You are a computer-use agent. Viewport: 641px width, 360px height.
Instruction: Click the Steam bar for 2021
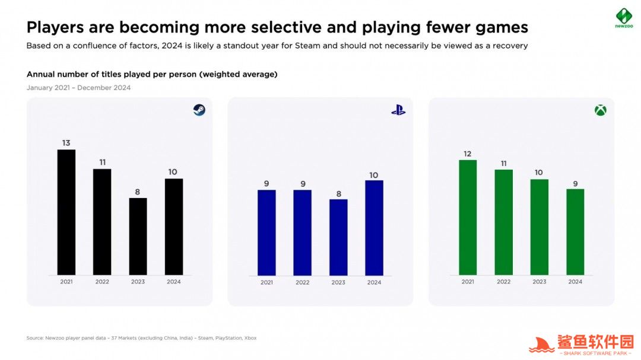[x=66, y=212]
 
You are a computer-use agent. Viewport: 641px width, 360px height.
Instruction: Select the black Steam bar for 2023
[x=138, y=236]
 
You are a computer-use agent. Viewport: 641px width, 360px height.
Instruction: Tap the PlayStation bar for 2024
[x=374, y=228]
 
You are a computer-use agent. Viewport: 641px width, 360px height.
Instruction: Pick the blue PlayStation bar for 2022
[x=303, y=232]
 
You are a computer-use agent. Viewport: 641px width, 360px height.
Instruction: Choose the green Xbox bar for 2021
[x=468, y=217]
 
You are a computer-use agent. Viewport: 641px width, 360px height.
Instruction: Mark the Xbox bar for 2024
[x=575, y=232]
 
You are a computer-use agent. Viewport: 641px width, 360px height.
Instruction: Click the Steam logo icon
[x=199, y=110]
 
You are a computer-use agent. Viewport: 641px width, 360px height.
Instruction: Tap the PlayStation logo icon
[x=398, y=110]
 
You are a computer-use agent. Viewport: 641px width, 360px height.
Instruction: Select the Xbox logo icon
[x=601, y=110]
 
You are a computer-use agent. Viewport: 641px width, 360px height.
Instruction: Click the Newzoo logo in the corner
[x=623, y=18]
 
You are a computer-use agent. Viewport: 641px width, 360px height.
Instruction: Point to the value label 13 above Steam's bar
[x=66, y=143]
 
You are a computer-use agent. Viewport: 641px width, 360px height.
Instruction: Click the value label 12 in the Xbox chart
[x=468, y=154]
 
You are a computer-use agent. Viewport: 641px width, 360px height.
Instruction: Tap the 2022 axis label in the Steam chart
[x=102, y=282]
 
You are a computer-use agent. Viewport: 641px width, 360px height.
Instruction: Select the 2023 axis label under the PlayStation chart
[x=338, y=282]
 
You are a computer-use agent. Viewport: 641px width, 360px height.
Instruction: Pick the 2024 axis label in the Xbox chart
[x=575, y=282]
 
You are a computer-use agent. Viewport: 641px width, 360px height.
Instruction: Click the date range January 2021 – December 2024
[x=78, y=88]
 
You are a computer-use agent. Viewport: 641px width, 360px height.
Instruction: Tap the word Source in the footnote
[x=34, y=338]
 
